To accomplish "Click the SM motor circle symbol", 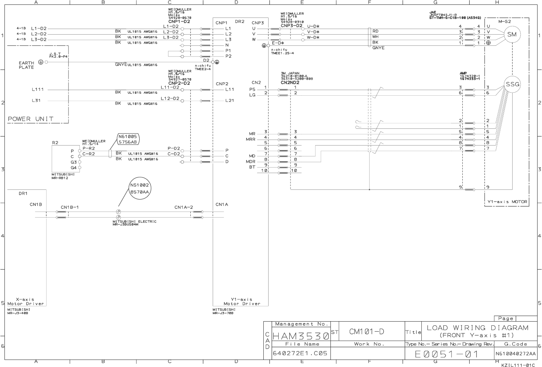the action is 512,35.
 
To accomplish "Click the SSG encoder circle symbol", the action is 512,84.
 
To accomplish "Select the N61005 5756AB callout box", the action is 127,139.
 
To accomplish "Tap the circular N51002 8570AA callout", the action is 139,188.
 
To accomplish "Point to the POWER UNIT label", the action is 31,119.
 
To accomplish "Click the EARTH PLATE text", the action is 26,65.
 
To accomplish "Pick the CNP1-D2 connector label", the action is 179,22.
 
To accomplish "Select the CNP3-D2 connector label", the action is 291,26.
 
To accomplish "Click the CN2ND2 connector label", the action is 290,82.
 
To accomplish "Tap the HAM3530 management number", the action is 301,336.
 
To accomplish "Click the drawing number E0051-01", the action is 447,354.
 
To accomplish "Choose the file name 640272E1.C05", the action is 300,353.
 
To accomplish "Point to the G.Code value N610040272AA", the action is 516,354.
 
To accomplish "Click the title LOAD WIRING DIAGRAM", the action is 478,328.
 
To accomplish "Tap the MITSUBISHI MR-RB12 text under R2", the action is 63,176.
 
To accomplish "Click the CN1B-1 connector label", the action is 70,207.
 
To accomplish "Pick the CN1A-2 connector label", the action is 184,207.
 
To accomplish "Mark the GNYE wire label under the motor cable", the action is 378,48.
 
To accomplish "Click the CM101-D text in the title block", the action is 367,332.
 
